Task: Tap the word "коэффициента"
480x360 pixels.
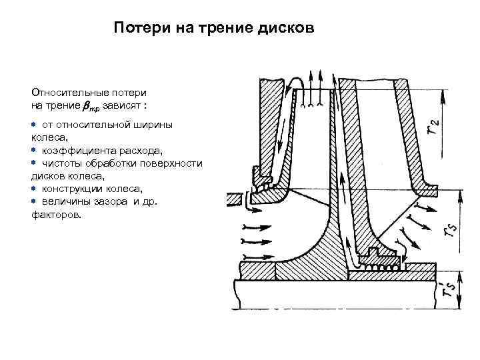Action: click(x=75, y=151)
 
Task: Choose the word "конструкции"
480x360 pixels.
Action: click(x=75, y=189)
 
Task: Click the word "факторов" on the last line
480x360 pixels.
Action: click(x=56, y=215)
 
